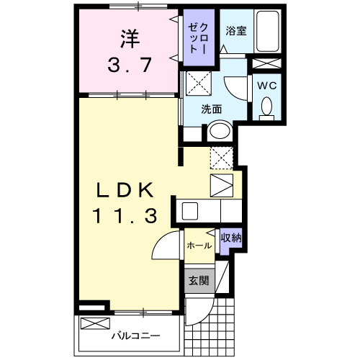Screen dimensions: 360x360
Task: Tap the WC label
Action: tap(267, 84)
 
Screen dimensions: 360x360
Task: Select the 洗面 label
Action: tap(211, 110)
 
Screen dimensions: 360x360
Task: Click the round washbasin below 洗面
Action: tap(218, 132)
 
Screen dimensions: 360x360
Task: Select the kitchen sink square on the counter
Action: tap(190, 211)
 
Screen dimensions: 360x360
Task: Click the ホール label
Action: tap(199, 246)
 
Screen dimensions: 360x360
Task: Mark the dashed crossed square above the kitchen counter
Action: tap(220, 156)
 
